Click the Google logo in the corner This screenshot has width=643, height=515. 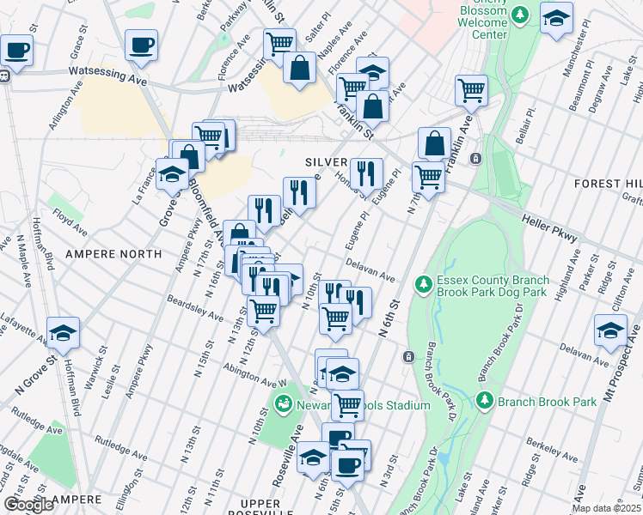(28, 505)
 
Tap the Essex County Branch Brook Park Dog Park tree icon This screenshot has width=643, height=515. (422, 283)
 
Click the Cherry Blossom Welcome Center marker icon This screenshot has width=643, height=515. (519, 15)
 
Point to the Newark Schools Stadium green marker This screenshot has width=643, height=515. (283, 403)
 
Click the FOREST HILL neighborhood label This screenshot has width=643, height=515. (609, 184)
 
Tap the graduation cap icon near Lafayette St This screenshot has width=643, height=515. (63, 332)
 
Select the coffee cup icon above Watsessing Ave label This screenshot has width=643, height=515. (141, 45)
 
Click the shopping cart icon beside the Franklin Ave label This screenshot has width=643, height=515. (470, 89)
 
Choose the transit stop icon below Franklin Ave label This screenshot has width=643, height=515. (475, 158)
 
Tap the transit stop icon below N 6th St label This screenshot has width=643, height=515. (407, 356)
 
